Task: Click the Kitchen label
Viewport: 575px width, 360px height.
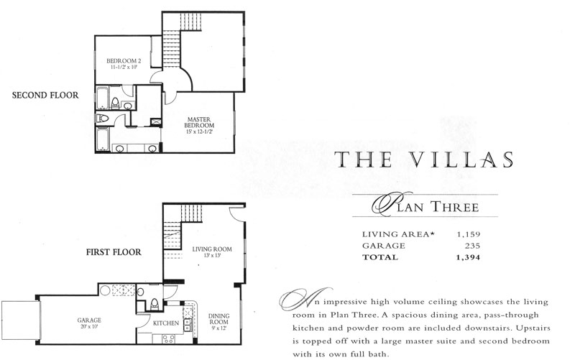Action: tap(166, 323)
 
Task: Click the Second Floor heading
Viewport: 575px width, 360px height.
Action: tap(45, 96)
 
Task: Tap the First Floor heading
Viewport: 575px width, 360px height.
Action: tap(114, 252)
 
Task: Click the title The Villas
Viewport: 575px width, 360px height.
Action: tap(423, 160)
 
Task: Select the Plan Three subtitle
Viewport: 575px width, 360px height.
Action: tap(425, 206)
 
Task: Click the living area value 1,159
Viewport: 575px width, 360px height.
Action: tap(469, 234)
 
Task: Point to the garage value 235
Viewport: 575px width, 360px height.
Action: tap(472, 246)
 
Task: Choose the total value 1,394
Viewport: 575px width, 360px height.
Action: tap(468, 257)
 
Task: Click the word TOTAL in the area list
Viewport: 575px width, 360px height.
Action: tap(380, 257)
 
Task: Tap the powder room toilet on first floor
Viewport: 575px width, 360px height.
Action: tap(155, 305)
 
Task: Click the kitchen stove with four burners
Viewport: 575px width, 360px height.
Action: tap(168, 338)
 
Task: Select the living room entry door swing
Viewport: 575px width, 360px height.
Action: tap(237, 213)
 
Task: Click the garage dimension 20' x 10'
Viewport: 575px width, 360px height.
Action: tap(89, 327)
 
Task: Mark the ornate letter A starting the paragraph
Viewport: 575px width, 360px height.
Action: tap(305, 299)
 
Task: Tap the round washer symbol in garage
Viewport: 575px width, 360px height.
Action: tap(105, 290)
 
